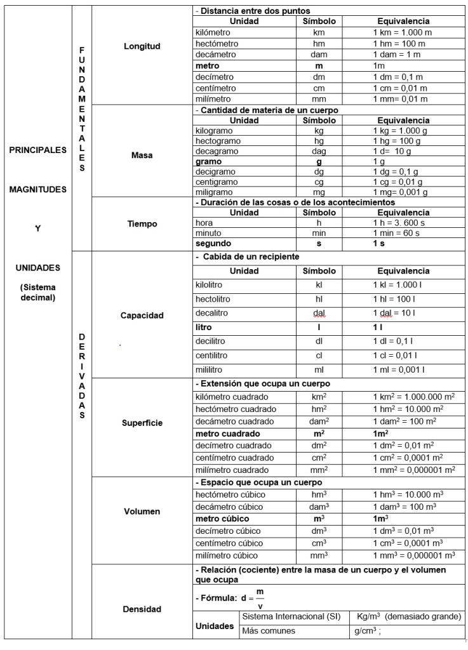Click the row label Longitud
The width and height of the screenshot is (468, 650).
coord(142,46)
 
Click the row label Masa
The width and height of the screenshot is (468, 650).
coord(142,155)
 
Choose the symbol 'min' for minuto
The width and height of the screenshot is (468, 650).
coord(319,233)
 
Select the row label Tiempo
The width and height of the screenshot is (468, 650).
coord(142,223)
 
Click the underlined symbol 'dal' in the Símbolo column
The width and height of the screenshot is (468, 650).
coord(319,313)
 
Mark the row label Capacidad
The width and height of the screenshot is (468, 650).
coord(142,315)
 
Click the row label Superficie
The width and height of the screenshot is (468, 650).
coord(142,422)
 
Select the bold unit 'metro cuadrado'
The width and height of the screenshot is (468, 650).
coord(229,434)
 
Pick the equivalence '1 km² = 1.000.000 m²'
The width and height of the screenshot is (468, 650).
coord(413,397)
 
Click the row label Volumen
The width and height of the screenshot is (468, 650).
coord(142,511)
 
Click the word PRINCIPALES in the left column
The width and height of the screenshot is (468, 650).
coord(39,150)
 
